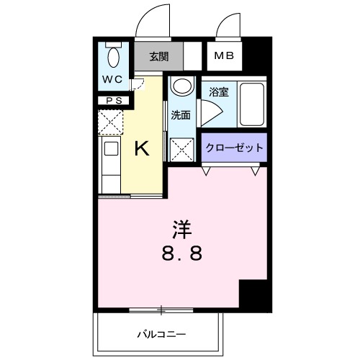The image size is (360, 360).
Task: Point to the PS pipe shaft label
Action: coord(113,101)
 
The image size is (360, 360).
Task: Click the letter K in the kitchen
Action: coord(143,149)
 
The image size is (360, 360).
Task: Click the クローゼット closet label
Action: coord(234,148)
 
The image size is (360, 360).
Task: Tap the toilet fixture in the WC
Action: coord(113,55)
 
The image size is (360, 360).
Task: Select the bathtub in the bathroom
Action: coord(251,104)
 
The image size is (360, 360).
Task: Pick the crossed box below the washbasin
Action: coord(180,148)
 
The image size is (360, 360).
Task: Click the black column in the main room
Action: coord(253,294)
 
